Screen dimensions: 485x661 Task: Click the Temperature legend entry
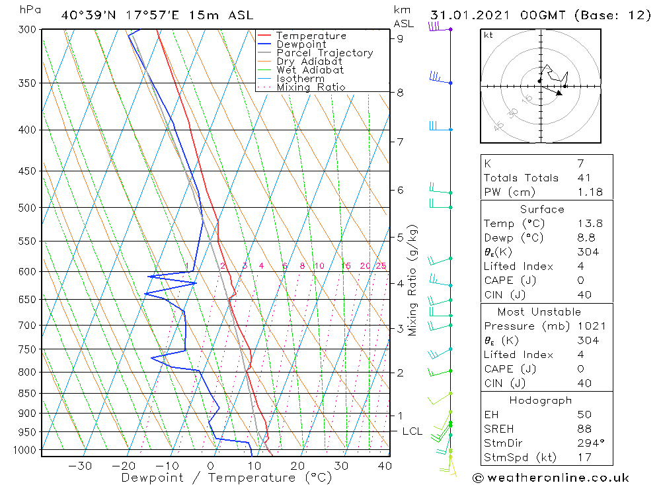coord(311,36)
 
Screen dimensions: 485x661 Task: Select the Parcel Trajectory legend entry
coord(325,53)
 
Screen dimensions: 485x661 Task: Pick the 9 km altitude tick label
coord(400,38)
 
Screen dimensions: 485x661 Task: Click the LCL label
coord(412,431)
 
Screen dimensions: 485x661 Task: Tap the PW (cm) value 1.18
coord(590,192)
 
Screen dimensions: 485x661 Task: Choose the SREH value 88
coord(584,429)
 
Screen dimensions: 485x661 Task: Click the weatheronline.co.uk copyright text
coord(551,477)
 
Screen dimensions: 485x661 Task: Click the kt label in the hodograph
coord(488,35)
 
